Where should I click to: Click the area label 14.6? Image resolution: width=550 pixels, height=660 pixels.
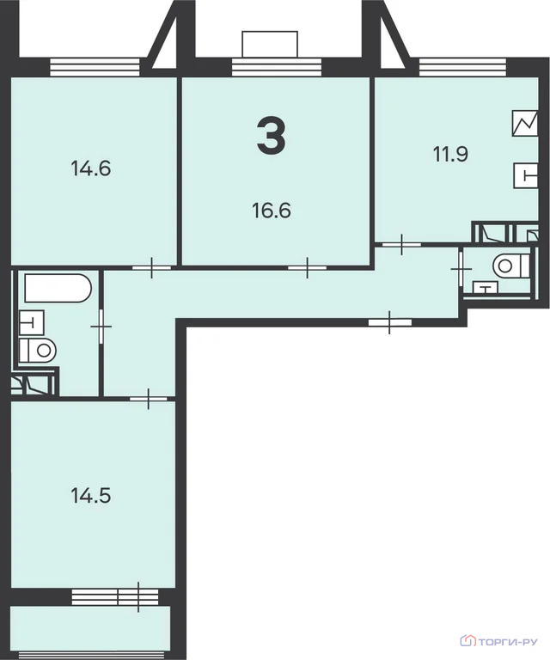91,168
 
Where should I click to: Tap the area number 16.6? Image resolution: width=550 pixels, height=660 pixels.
271,210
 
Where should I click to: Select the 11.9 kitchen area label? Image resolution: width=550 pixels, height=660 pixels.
449,155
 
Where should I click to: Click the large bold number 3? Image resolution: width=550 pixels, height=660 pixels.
271,138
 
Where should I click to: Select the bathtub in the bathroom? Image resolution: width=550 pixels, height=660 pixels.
57,288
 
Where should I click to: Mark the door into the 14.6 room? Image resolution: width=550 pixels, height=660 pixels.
151,268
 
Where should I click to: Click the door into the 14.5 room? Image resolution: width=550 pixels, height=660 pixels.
147,398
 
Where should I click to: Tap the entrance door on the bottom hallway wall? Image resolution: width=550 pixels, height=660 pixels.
389,322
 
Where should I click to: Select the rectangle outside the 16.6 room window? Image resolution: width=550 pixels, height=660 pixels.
270,43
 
